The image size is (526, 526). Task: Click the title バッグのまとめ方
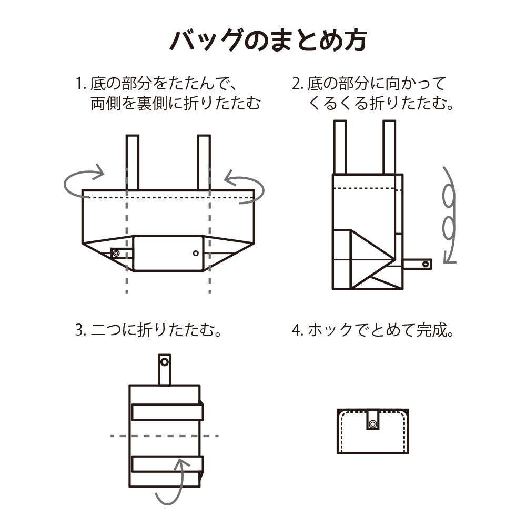(x=268, y=41)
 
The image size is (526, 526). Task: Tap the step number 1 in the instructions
(x=79, y=84)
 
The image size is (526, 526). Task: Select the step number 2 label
(x=296, y=84)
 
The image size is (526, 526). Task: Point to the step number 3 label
(x=79, y=330)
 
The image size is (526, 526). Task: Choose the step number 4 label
(x=296, y=330)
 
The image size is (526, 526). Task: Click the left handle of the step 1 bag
(x=133, y=163)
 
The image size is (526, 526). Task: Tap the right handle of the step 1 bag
(x=204, y=163)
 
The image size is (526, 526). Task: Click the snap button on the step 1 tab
(x=116, y=254)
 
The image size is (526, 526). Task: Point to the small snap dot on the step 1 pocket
(x=196, y=254)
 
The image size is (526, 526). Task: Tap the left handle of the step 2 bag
(x=340, y=147)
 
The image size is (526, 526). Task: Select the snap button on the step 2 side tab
(x=426, y=265)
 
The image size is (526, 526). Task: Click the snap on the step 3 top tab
(x=164, y=362)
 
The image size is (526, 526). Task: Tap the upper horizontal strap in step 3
(x=167, y=412)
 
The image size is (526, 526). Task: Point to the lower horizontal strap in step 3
(x=167, y=464)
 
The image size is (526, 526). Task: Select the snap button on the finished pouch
(x=373, y=424)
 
